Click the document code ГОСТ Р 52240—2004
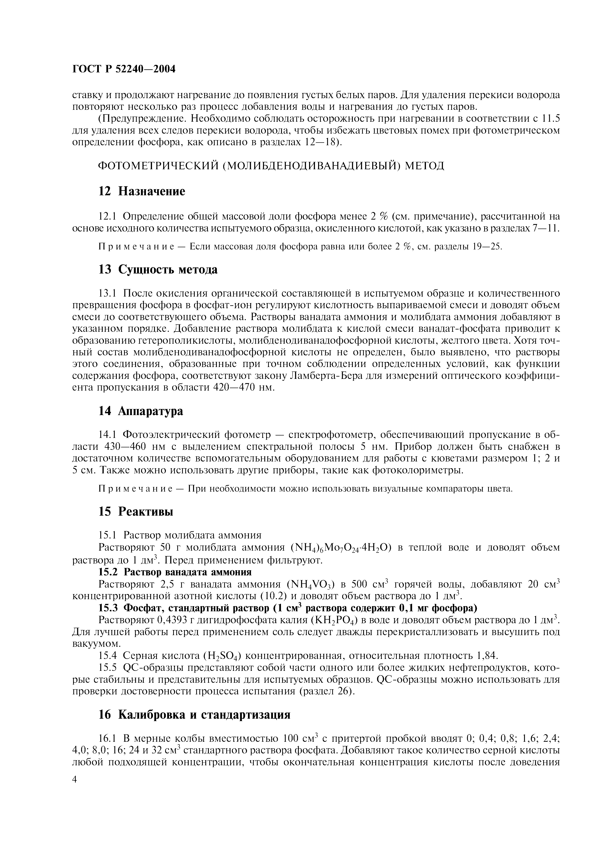coord(124,69)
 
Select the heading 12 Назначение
coord(141,191)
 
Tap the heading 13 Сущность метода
coord(158,270)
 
